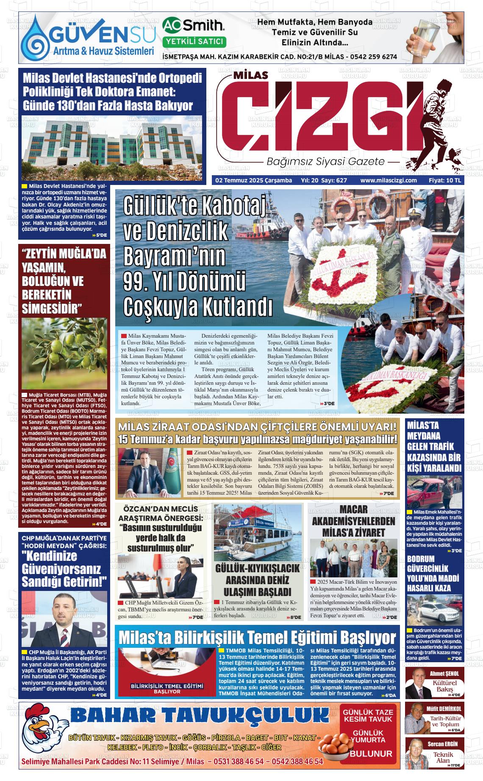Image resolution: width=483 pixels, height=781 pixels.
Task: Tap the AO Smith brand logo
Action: (x=194, y=25)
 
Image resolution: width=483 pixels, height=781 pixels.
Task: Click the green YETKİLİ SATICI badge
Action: (x=194, y=42)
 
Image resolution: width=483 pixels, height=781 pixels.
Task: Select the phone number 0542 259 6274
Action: (x=373, y=56)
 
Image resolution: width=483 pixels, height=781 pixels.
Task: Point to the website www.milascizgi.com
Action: (x=389, y=180)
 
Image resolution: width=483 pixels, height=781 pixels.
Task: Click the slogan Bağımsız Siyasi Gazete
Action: (x=325, y=162)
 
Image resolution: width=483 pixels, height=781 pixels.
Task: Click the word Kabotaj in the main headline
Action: (x=236, y=207)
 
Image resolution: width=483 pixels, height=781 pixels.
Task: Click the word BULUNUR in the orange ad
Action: (x=371, y=753)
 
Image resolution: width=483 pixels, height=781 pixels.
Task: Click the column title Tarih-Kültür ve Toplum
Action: (x=445, y=721)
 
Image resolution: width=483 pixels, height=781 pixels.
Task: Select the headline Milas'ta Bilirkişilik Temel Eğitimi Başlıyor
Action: (x=257, y=638)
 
